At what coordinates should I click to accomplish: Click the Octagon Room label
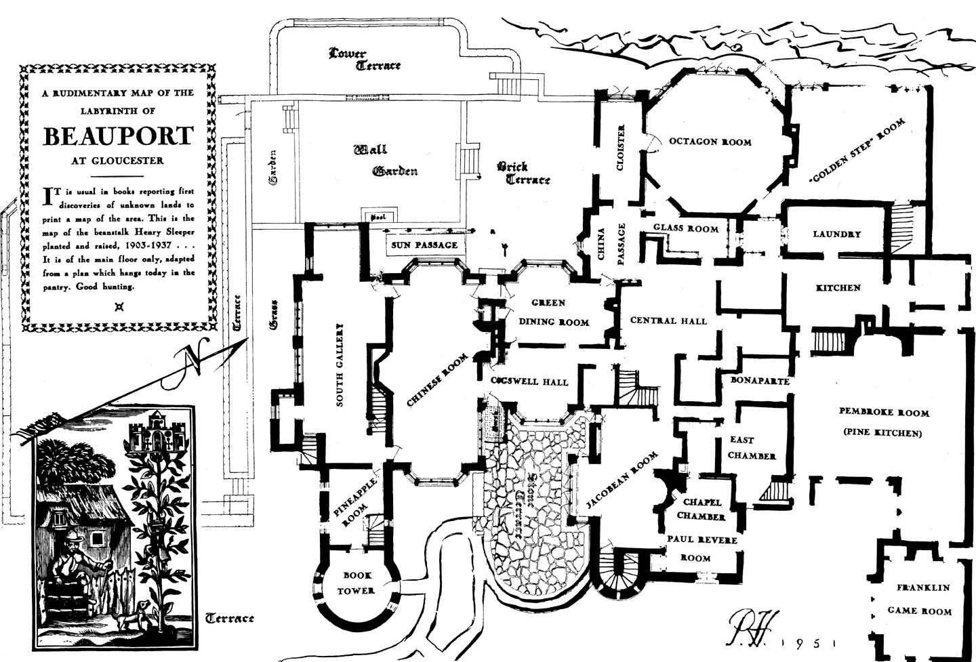pyautogui.click(x=710, y=142)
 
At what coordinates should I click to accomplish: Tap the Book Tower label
pyautogui.click(x=357, y=583)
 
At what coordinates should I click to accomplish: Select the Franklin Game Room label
pyautogui.click(x=920, y=599)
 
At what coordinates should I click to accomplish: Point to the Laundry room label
pyautogui.click(x=836, y=234)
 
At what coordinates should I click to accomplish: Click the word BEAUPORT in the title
pyautogui.click(x=119, y=136)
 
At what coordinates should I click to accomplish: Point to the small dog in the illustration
pyautogui.click(x=140, y=613)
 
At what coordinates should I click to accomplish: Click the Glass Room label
pyautogui.click(x=685, y=228)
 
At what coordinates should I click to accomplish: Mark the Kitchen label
pyautogui.click(x=838, y=288)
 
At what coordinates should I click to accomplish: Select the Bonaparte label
pyautogui.click(x=760, y=381)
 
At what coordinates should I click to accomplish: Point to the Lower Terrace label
pyautogui.click(x=364, y=60)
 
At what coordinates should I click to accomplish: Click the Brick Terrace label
pyautogui.click(x=523, y=173)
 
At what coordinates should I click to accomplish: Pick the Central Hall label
pyautogui.click(x=668, y=320)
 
